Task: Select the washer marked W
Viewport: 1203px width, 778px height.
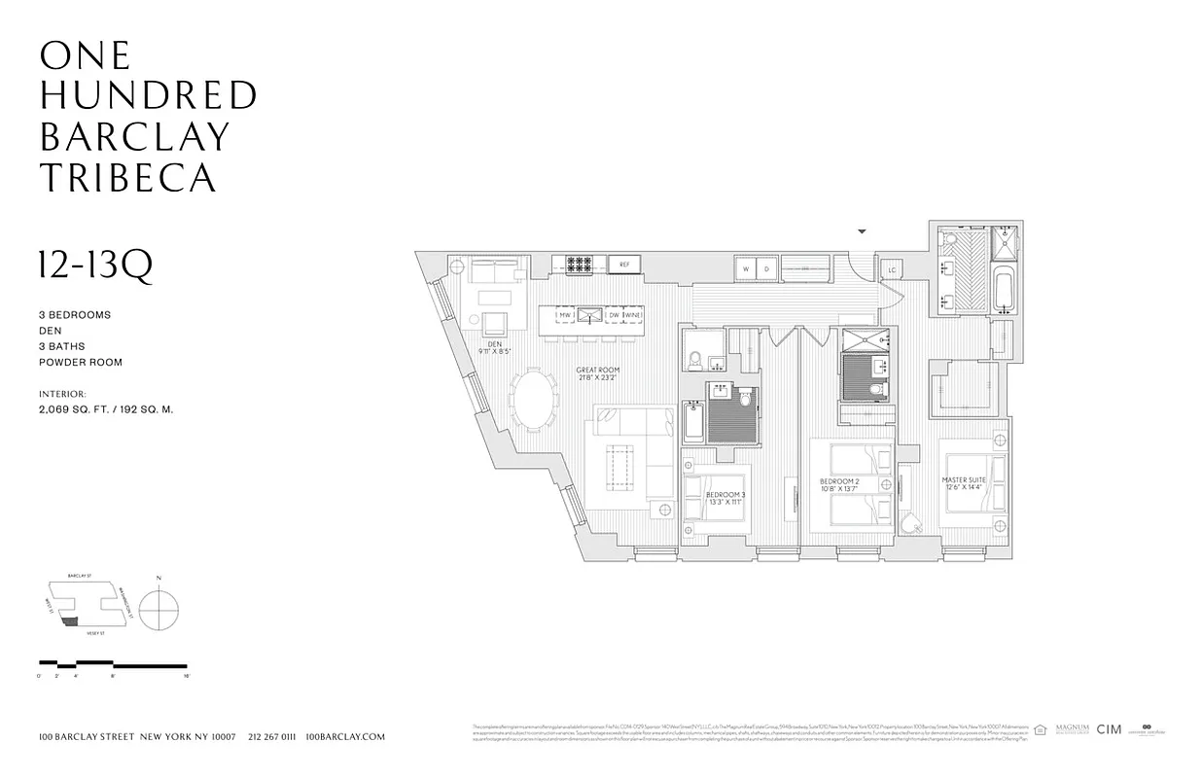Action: pyautogui.click(x=746, y=268)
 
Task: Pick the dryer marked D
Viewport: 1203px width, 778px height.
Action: pyautogui.click(x=765, y=268)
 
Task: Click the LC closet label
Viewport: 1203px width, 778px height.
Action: pyautogui.click(x=891, y=270)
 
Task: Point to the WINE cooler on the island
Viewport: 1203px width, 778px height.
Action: pyautogui.click(x=632, y=315)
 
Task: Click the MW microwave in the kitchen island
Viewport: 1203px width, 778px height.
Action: pyautogui.click(x=563, y=315)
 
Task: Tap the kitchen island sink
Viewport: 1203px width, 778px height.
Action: pyautogui.click(x=588, y=315)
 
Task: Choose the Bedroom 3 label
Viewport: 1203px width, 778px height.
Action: pyautogui.click(x=725, y=499)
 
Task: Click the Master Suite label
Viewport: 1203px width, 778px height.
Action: pyautogui.click(x=964, y=484)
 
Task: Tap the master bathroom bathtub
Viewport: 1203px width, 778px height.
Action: pyautogui.click(x=1003, y=289)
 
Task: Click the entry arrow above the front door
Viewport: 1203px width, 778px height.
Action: pyautogui.click(x=861, y=231)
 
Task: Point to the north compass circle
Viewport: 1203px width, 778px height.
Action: pyautogui.click(x=159, y=610)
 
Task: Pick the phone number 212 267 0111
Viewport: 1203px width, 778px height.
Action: pyautogui.click(x=271, y=737)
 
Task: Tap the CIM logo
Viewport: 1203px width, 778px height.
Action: pyautogui.click(x=1109, y=729)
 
